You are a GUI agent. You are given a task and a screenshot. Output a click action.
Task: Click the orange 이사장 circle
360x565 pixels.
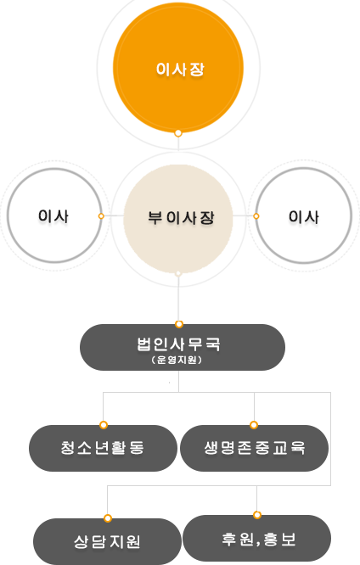coord(178,67)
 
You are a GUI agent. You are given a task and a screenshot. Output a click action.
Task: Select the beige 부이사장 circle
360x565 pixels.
coord(178,219)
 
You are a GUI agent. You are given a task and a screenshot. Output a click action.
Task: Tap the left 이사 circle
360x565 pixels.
coord(54,215)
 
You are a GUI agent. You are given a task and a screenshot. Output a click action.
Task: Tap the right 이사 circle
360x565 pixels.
coord(304,215)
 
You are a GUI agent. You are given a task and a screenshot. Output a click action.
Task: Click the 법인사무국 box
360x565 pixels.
coord(183,347)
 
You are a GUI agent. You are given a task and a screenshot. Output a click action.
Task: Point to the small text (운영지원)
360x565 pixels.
coord(177,360)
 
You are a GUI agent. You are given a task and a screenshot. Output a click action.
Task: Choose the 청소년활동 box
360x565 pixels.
coord(104,448)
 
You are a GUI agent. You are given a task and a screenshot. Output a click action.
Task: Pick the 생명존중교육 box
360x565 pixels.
coord(255,448)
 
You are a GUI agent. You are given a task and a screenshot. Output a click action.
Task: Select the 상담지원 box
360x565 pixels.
coord(107,541)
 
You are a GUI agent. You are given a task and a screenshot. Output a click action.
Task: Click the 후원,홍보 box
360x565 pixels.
coord(256,539)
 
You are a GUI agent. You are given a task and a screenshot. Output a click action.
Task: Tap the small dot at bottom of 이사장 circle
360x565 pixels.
coord(177,133)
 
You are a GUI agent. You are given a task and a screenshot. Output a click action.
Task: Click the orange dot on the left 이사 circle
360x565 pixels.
coord(101,215)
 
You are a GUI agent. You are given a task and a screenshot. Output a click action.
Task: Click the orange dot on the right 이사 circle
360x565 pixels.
coord(256,215)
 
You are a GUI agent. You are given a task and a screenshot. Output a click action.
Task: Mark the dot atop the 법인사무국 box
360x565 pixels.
coord(179,324)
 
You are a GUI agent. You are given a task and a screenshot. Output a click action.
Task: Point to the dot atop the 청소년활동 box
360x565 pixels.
coord(104,425)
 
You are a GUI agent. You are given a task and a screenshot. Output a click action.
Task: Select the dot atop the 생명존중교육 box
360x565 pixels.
coord(254,425)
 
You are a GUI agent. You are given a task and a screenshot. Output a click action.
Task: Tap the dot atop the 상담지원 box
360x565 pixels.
coord(108,518)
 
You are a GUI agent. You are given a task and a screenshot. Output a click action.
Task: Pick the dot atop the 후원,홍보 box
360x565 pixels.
coord(256,515)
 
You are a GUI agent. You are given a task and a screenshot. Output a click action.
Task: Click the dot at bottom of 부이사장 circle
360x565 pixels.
coord(177,273)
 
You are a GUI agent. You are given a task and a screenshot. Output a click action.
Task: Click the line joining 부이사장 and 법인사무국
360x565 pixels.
coord(178,299)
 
